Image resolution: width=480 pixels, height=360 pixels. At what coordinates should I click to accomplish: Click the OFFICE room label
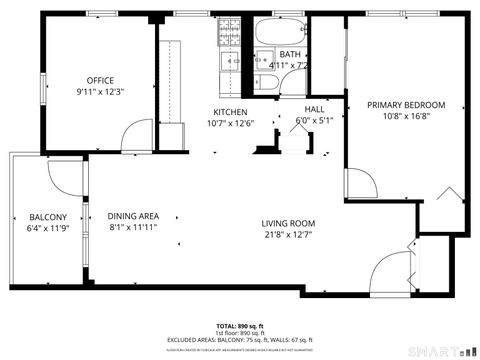tap(100, 81)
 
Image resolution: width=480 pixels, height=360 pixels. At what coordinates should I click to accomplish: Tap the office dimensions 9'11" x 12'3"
tap(100, 92)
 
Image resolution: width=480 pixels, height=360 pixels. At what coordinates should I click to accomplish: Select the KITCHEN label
tap(231, 112)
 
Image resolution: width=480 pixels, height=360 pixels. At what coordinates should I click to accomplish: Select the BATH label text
tap(290, 54)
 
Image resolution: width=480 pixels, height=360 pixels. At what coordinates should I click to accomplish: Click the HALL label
tap(314, 110)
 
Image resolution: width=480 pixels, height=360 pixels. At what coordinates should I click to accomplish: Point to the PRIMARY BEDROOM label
tap(405, 104)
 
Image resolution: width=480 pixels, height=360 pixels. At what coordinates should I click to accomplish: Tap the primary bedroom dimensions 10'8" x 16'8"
tap(405, 115)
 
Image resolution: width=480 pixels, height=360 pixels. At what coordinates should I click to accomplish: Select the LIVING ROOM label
tap(288, 223)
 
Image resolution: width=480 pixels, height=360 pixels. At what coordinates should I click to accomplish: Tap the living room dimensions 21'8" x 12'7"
tap(288, 235)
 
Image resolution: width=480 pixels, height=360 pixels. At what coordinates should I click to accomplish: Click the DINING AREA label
tap(133, 216)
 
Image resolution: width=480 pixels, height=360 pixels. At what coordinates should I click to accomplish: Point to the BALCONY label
tap(47, 217)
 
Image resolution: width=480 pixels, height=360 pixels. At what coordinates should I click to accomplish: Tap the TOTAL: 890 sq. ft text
tap(240, 326)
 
